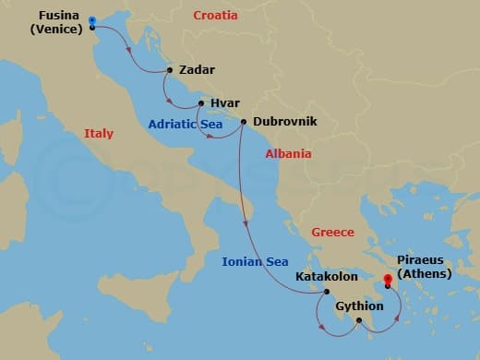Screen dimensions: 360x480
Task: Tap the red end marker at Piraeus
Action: (388, 282)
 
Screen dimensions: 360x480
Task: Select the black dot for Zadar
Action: (170, 70)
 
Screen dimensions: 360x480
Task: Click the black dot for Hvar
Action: (200, 103)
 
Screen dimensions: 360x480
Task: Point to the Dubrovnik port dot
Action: (244, 121)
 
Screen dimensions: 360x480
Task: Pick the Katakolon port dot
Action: (326, 291)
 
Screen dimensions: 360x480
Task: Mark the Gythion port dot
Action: (359, 320)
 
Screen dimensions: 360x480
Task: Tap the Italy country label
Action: (99, 134)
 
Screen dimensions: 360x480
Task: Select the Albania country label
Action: (288, 154)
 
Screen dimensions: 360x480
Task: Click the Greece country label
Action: (332, 233)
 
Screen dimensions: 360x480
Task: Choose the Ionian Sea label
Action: (255, 262)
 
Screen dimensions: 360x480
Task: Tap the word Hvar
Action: (225, 103)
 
